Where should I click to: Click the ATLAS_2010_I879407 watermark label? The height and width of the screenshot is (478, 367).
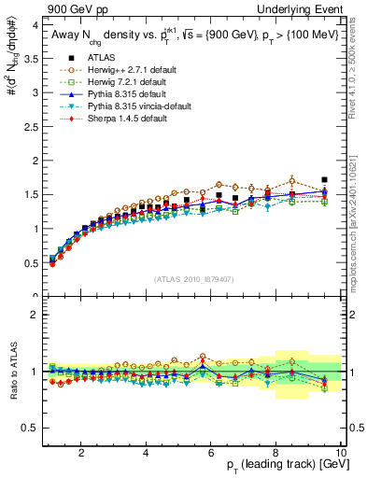194,279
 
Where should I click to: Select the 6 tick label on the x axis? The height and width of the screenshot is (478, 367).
211,453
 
